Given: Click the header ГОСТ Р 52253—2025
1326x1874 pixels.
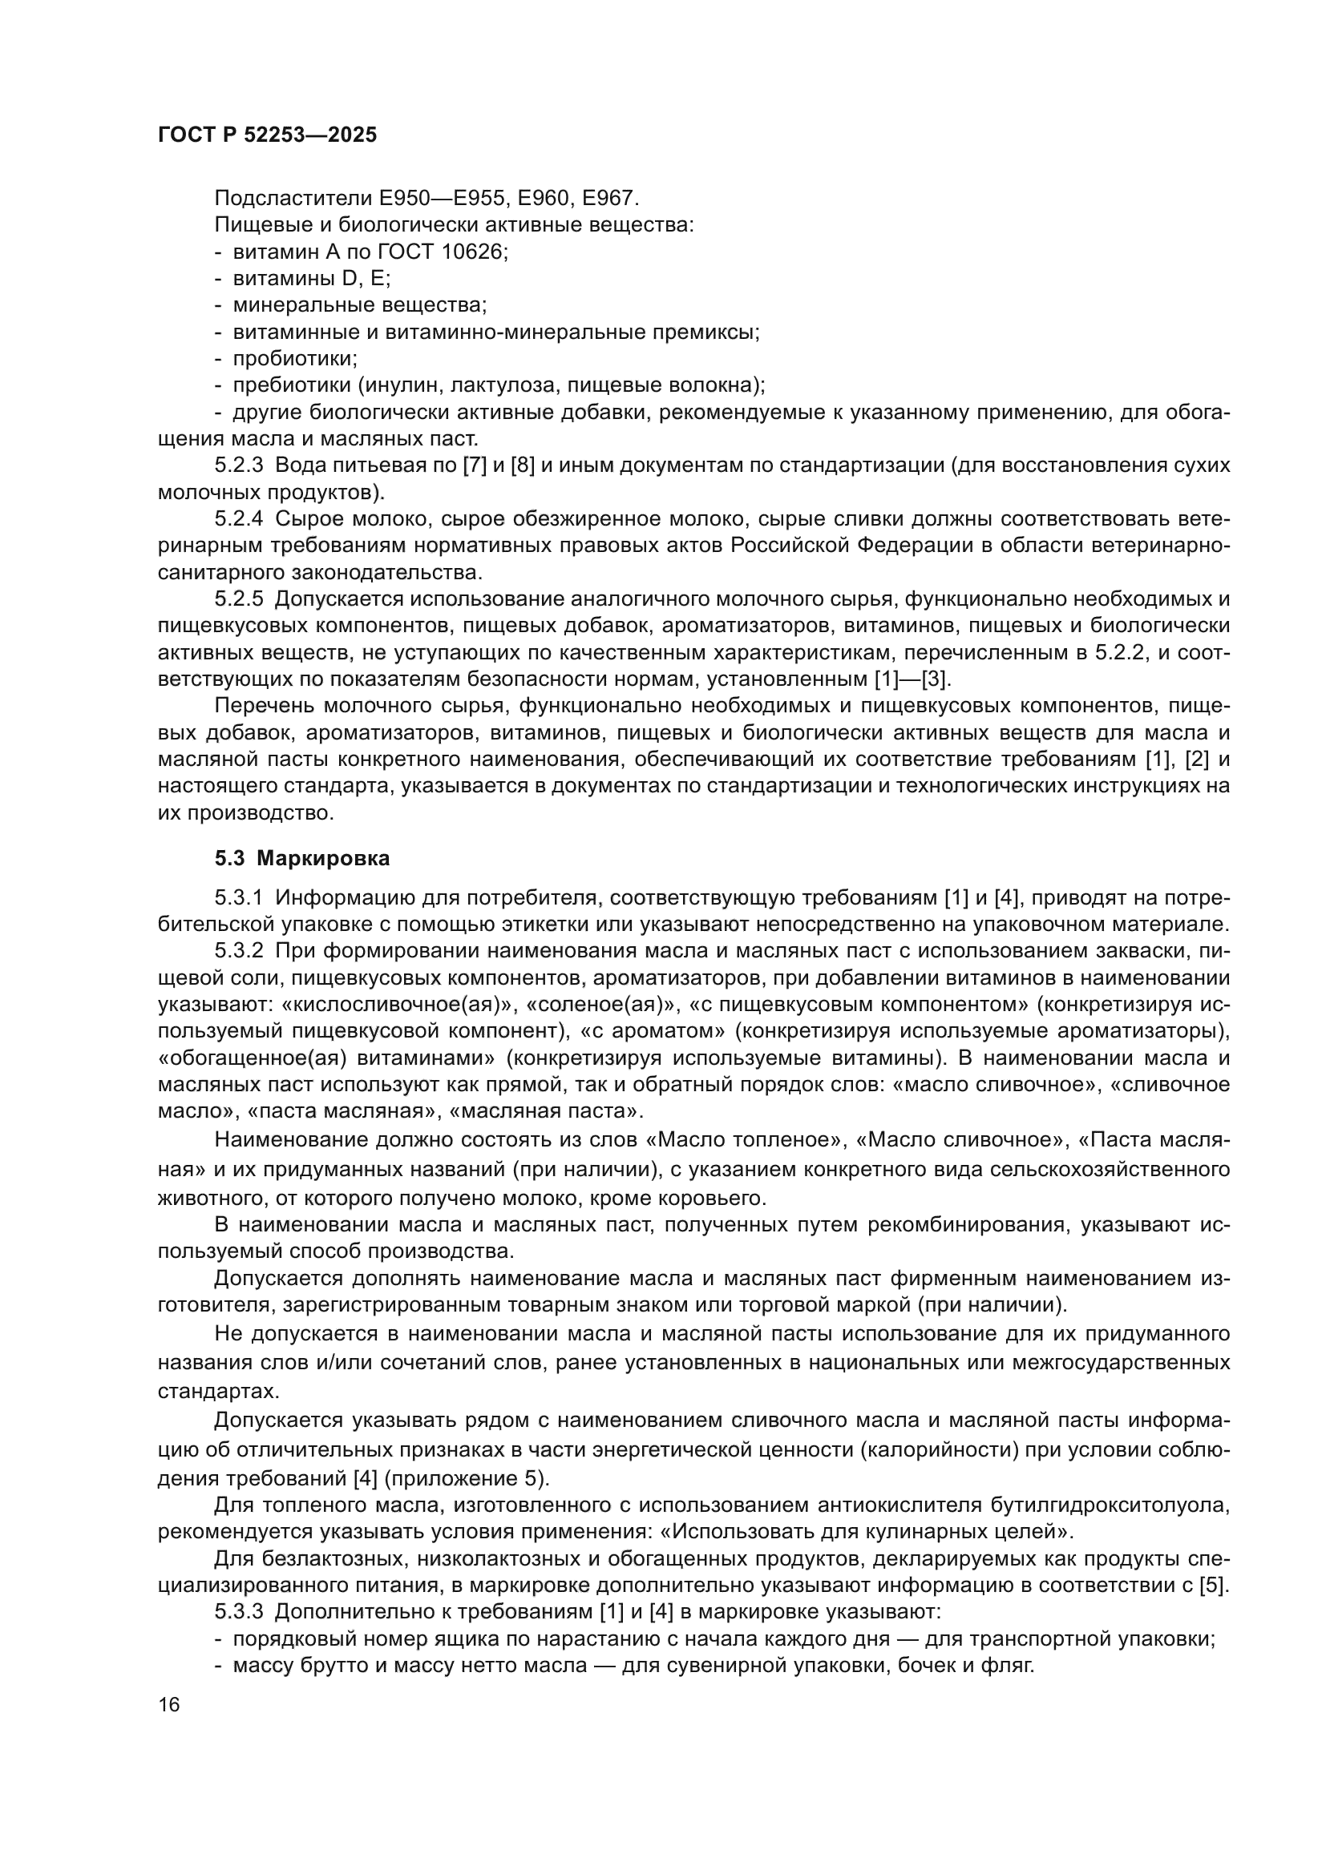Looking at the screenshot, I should coord(267,135).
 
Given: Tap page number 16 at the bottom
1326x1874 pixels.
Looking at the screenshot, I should coord(169,1704).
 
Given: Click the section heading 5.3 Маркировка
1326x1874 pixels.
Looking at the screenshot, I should coord(302,858).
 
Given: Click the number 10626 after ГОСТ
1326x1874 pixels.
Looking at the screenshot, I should coord(473,252).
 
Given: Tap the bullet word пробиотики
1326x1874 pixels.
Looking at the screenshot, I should coord(294,358).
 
